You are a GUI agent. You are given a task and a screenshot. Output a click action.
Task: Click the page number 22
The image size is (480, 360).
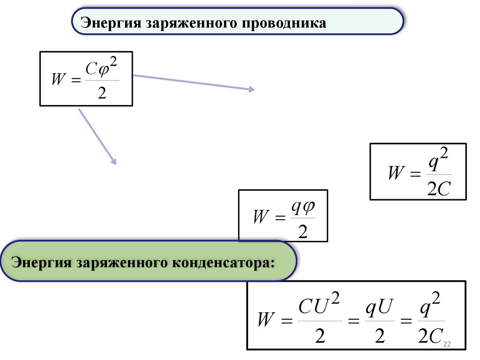446,344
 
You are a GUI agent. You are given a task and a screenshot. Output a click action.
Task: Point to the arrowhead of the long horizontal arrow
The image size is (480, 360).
252,89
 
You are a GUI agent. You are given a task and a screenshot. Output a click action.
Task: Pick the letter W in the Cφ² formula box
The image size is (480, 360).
58,80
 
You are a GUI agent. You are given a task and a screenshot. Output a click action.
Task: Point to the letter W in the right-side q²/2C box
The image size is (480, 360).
396,173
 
